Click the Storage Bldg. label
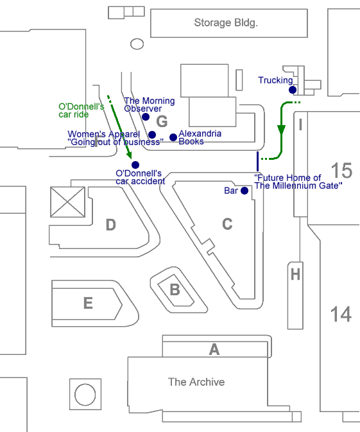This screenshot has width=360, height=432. (x=226, y=23)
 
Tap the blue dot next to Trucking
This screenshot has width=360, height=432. (x=293, y=90)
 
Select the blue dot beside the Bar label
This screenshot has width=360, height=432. (x=244, y=191)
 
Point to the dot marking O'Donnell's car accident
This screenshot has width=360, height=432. (x=135, y=165)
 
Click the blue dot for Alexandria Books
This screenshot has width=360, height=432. (x=173, y=137)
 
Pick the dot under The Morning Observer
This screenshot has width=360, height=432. (x=146, y=117)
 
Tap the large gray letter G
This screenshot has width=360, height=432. (x=162, y=121)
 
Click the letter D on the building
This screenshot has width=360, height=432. (x=111, y=225)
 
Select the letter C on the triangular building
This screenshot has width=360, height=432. (x=227, y=224)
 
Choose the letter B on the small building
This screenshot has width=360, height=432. (x=175, y=289)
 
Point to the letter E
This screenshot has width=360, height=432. (x=88, y=303)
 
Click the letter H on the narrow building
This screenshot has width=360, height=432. (x=296, y=275)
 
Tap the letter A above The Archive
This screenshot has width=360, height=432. (x=214, y=349)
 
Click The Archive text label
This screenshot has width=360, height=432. (x=196, y=382)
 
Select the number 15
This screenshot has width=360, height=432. (x=341, y=171)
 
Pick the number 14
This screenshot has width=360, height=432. (x=341, y=314)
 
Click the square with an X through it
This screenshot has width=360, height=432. (x=68, y=202)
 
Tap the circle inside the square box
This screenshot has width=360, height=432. (x=85, y=395)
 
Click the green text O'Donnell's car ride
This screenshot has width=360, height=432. (x=81, y=110)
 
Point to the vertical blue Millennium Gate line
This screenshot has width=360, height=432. (x=257, y=162)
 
